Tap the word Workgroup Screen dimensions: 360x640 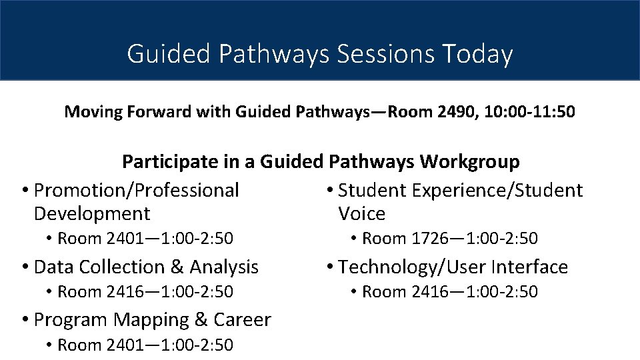469,162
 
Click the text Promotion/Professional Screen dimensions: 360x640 136,191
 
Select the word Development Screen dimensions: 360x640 92,214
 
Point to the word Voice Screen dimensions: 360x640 361,214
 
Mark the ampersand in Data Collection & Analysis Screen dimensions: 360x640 177,267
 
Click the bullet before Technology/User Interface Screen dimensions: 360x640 330,268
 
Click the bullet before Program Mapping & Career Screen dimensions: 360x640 25,321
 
